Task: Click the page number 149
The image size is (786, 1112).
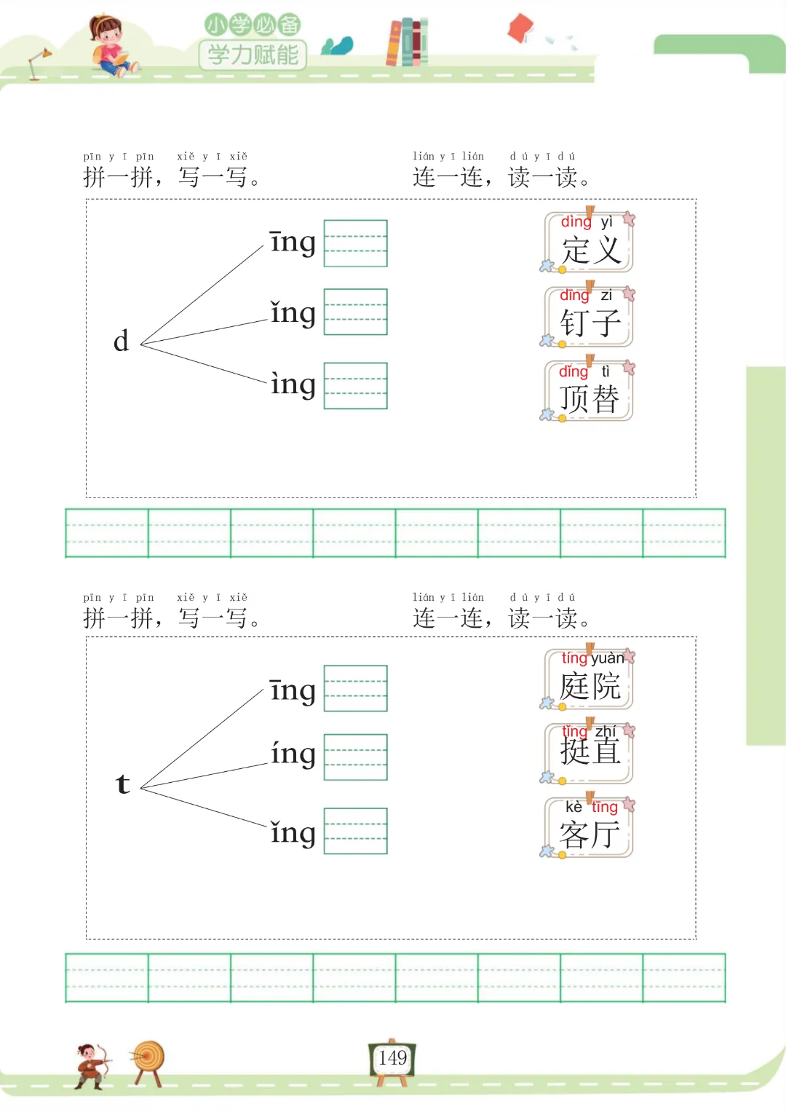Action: (392, 1058)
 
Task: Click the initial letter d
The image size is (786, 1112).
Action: (121, 341)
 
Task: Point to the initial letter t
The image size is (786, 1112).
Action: (122, 784)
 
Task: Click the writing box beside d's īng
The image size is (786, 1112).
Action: (355, 243)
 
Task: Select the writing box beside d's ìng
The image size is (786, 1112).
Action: (355, 385)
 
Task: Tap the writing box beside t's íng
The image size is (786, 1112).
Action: (355, 757)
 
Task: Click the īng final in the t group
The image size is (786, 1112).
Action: (293, 690)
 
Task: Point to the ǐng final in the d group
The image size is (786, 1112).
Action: (293, 313)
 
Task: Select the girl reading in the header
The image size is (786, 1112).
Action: (110, 46)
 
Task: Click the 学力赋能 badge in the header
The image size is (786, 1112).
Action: (253, 54)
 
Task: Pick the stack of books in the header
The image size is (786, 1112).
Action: (407, 42)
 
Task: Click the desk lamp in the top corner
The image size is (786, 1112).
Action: (39, 62)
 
